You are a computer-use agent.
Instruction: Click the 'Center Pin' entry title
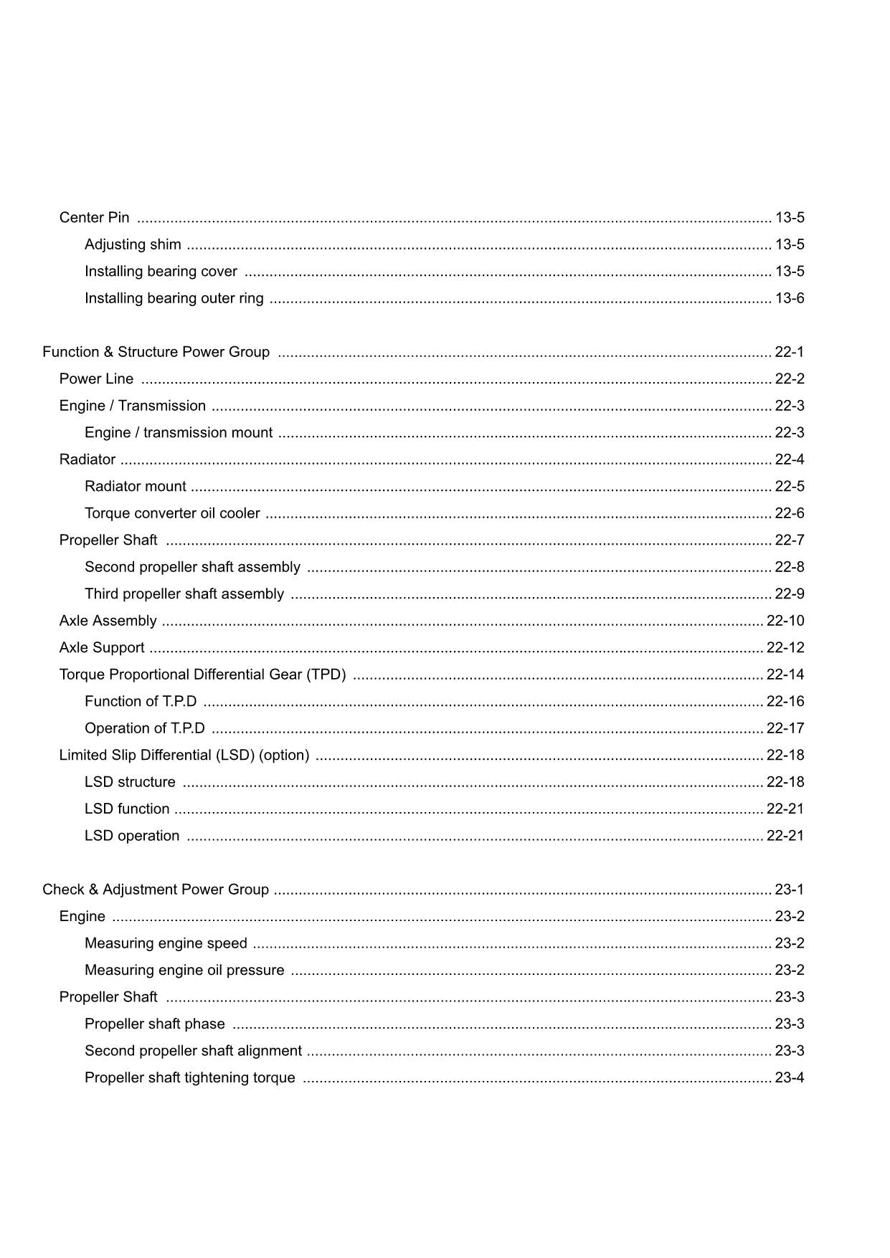[x=95, y=217]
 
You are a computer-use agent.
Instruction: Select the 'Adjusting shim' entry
[x=133, y=244]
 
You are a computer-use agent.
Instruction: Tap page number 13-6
[x=790, y=298]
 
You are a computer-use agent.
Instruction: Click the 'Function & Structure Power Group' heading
[x=156, y=352]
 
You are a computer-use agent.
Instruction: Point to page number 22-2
[x=790, y=378]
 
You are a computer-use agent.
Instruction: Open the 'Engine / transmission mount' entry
[x=179, y=432]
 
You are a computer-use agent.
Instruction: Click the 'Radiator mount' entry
[x=136, y=486]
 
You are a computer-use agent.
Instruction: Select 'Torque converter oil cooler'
[x=172, y=513]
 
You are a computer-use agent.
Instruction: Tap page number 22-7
[x=790, y=540]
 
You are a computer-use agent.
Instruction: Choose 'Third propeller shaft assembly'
[x=184, y=594]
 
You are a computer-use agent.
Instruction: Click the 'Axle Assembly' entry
[x=108, y=621]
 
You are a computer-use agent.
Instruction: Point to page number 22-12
[x=785, y=647]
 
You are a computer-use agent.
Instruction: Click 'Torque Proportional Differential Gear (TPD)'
[x=202, y=675]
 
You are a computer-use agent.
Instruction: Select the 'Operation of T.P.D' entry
[x=145, y=728]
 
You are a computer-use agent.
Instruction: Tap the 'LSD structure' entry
[x=130, y=782]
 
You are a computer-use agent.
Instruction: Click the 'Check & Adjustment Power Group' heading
[x=156, y=890]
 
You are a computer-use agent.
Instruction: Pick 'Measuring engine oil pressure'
[x=184, y=970]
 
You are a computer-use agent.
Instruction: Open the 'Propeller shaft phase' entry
[x=155, y=1024]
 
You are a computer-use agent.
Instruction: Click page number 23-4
[x=790, y=1077]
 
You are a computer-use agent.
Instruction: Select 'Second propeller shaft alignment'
[x=193, y=1051]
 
